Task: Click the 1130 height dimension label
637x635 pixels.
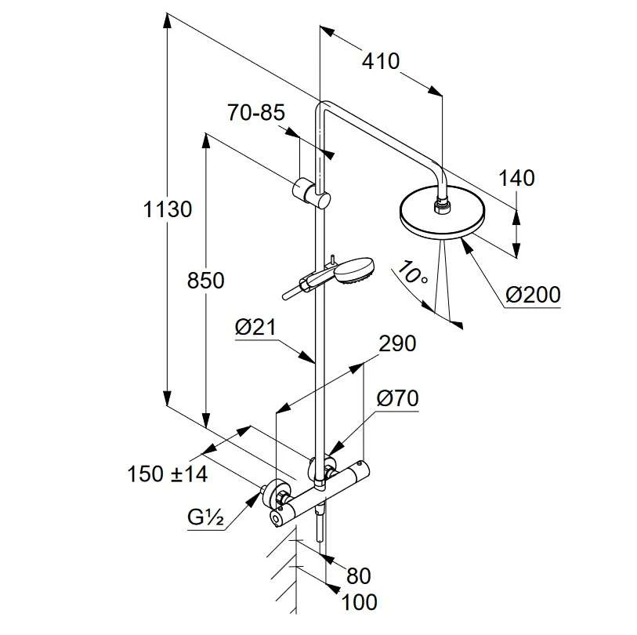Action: [x=168, y=210]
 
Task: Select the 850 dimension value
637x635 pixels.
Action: [x=205, y=281]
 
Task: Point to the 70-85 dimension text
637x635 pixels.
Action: [x=256, y=113]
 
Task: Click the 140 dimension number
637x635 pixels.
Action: [x=516, y=179]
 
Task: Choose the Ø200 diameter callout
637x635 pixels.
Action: [x=533, y=295]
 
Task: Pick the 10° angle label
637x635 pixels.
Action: [x=412, y=274]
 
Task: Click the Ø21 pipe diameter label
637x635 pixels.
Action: [x=255, y=328]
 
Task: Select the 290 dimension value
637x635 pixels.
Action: [x=397, y=343]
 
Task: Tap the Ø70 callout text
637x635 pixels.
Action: [x=397, y=398]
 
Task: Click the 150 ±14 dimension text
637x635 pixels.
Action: [x=167, y=474]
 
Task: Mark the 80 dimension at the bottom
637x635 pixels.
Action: [x=357, y=576]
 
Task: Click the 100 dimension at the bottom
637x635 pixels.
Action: [x=360, y=602]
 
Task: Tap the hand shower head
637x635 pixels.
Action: [x=357, y=270]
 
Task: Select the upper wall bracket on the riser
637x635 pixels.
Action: [x=312, y=191]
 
